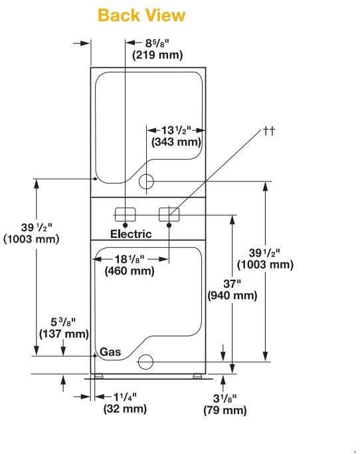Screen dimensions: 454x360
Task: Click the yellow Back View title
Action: (141, 15)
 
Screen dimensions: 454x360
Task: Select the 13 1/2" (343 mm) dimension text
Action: (176, 136)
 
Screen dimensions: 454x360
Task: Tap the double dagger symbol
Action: (268, 130)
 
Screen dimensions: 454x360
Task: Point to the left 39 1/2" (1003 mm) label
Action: (31, 233)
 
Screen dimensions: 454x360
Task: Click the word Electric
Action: (131, 234)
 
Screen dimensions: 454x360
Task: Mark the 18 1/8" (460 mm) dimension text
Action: (130, 265)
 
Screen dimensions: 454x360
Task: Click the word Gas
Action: (110, 352)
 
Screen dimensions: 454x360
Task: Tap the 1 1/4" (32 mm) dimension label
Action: (124, 403)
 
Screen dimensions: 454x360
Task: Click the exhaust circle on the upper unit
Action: (146, 181)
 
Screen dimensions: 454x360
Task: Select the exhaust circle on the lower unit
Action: (144, 362)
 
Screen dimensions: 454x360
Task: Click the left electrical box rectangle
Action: (125, 214)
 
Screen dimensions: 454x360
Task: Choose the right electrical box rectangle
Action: (169, 214)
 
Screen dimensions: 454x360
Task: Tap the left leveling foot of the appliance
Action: (100, 376)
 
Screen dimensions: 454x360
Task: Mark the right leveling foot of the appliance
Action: (197, 376)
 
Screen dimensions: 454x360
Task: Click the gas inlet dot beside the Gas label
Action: (96, 355)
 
